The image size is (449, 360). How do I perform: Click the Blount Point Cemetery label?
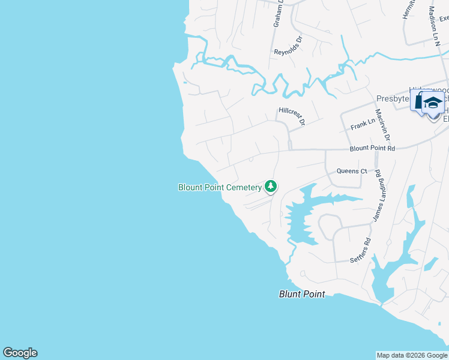coord(220,187)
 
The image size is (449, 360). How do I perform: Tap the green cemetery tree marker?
coord(271,187)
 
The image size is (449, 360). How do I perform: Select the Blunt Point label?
coord(302,294)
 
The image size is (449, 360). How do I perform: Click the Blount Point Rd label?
coord(373,148)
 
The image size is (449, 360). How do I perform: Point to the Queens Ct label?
coord(351,171)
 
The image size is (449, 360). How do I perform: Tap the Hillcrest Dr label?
coord(292,116)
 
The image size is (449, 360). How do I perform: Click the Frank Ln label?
coord(363,124)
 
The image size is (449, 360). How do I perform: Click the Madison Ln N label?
coord(435,25)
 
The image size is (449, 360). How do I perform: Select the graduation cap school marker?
coord(432,103)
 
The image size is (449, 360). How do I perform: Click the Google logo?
coord(20,353)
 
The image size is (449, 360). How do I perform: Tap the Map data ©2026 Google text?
coord(412,355)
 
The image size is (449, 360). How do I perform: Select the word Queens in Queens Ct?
coord(347,171)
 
